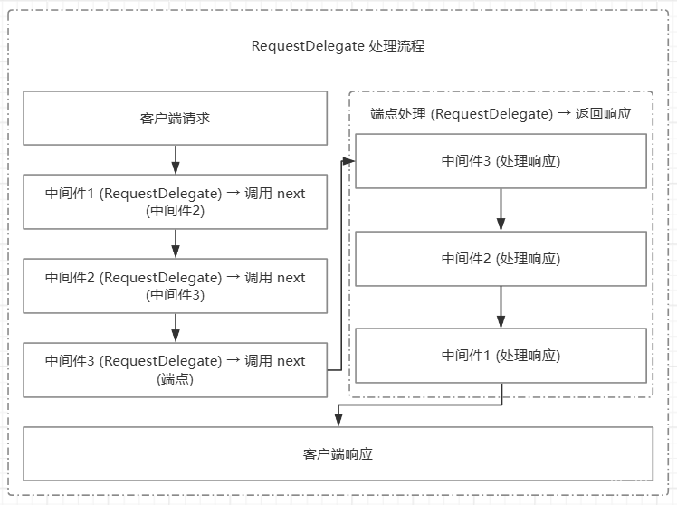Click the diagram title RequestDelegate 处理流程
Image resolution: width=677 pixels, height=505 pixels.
click(338, 46)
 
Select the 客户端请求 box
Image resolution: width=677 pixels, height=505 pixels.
click(175, 118)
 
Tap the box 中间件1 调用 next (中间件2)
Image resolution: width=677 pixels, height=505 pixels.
click(175, 203)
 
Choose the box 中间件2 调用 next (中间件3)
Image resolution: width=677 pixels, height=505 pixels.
click(175, 286)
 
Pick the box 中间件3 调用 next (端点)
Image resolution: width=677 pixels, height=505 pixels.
click(175, 369)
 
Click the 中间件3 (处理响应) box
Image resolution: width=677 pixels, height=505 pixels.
click(501, 161)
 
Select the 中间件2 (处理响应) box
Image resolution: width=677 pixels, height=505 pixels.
click(501, 259)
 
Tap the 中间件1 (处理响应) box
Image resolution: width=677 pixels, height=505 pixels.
click(501, 356)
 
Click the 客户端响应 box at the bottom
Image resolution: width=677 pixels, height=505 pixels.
click(338, 453)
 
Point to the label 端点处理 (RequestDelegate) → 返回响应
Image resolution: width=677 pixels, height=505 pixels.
click(501, 115)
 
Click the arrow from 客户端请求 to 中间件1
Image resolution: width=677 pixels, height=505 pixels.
click(176, 160)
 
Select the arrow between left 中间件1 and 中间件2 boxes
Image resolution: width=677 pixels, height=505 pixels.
click(176, 243)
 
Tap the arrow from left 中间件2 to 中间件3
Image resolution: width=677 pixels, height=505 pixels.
click(176, 327)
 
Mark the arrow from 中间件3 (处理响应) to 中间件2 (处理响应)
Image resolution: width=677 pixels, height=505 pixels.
click(501, 209)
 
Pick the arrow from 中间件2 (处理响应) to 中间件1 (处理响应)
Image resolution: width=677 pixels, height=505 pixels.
click(501, 307)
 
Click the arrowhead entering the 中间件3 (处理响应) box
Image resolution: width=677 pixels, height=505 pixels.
click(348, 161)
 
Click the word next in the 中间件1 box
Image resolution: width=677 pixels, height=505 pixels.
click(291, 194)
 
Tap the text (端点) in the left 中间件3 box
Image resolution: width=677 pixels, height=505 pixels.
click(175, 378)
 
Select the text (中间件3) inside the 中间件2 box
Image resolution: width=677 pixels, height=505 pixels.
click(175, 295)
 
